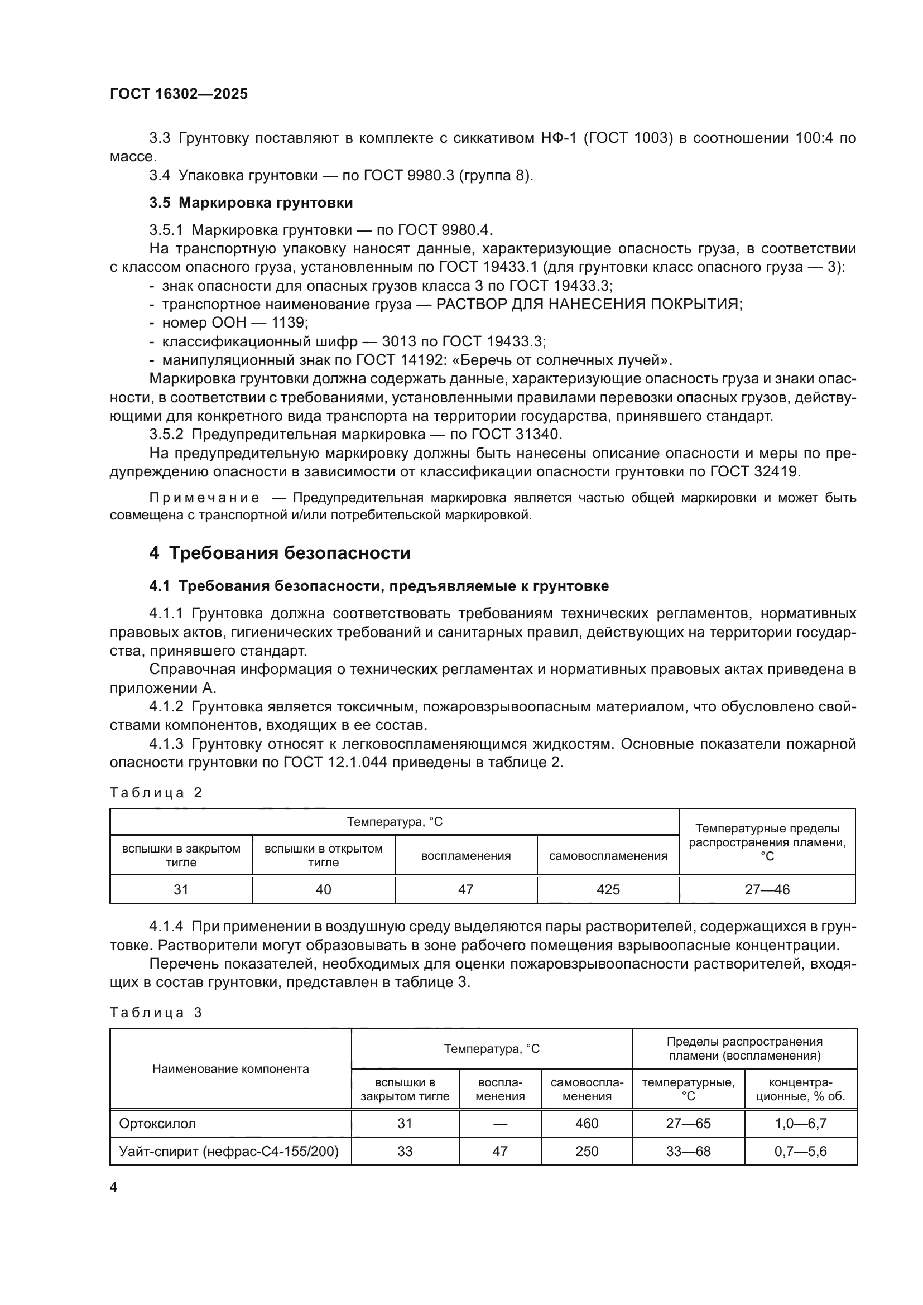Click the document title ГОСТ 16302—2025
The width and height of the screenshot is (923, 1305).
tap(179, 94)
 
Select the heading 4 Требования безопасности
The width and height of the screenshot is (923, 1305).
tap(280, 553)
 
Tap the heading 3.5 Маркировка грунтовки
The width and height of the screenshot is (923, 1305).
tap(251, 203)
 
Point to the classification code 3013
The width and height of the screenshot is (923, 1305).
tap(399, 341)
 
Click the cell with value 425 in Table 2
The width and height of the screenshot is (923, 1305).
tap(608, 889)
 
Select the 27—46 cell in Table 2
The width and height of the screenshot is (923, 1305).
tap(767, 889)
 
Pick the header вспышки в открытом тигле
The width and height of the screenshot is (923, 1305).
tap(324, 855)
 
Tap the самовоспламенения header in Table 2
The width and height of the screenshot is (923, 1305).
tap(608, 856)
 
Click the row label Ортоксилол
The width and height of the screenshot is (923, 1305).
tap(157, 1124)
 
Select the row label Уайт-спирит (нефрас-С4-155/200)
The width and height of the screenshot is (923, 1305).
tap(228, 1152)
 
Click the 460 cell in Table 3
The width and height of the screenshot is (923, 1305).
tap(587, 1124)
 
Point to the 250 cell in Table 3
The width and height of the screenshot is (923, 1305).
tap(587, 1152)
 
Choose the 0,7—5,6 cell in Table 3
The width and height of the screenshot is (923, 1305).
tap(800, 1152)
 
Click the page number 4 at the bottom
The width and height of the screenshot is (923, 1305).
tap(113, 1187)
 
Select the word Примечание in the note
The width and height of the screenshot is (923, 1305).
tap(204, 498)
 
